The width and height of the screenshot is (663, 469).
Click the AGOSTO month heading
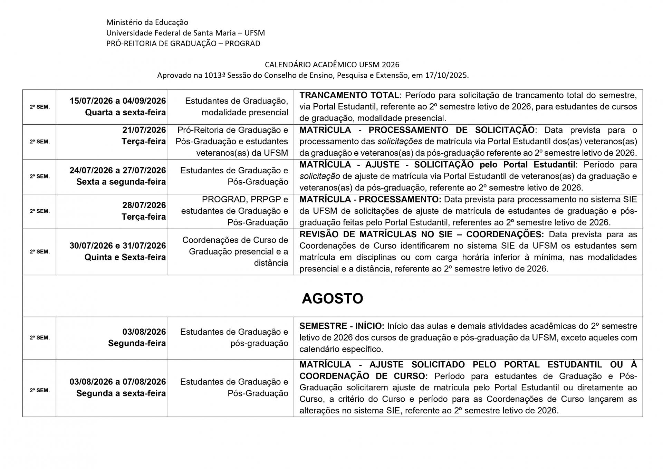pyautogui.click(x=332, y=298)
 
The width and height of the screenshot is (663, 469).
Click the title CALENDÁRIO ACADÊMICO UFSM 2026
pyautogui.click(x=332, y=65)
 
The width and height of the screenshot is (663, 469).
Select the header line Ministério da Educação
pyautogui.click(x=147, y=22)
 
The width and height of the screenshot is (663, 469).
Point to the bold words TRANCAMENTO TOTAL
pyautogui.click(x=349, y=95)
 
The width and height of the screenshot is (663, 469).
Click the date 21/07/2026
pyautogui.click(x=144, y=130)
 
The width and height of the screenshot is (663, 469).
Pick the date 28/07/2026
pyautogui.click(x=144, y=205)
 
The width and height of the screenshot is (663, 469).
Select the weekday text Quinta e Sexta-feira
pyautogui.click(x=125, y=257)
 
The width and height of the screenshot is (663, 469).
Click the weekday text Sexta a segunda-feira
pyautogui.click(x=121, y=182)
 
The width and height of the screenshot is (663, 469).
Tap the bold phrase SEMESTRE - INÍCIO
pyautogui.click(x=342, y=326)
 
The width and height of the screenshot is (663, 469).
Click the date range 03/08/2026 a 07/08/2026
pyautogui.click(x=117, y=382)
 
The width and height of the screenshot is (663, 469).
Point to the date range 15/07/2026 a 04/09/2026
pyautogui.click(x=117, y=101)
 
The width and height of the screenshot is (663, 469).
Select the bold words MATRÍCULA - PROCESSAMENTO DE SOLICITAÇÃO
pyautogui.click(x=417, y=130)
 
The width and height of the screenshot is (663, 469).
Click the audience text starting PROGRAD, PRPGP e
pyautogui.click(x=245, y=200)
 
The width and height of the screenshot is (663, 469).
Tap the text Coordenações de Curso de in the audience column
pyautogui.click(x=235, y=240)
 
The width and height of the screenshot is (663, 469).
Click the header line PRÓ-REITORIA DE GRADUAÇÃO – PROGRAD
pyautogui.click(x=183, y=44)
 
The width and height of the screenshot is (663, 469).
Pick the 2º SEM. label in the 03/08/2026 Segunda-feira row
pyautogui.click(x=40, y=338)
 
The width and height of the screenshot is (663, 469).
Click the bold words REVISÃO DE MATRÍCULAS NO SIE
pyautogui.click(x=376, y=234)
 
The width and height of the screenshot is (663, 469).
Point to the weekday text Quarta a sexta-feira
pyautogui.click(x=125, y=113)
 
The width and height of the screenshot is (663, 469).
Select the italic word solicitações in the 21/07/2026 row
pyautogui.click(x=400, y=142)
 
